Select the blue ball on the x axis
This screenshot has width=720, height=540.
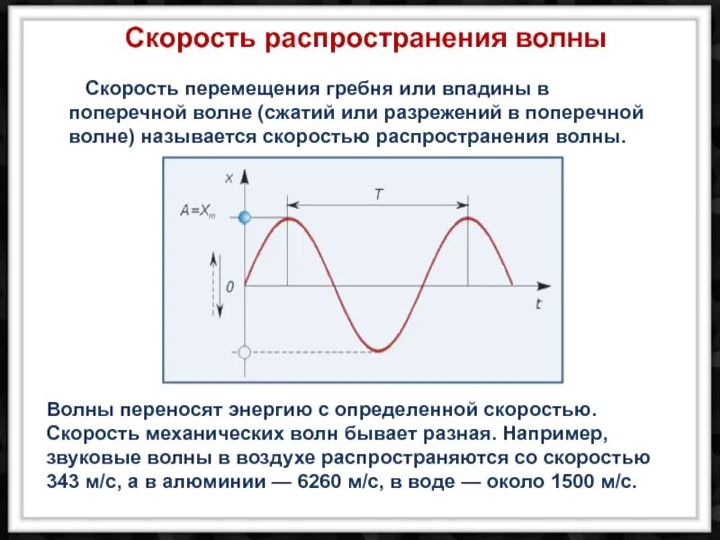(x=243, y=217)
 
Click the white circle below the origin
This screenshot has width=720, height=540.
(x=243, y=352)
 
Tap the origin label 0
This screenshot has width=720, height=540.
(x=230, y=286)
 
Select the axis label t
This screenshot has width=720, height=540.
(x=538, y=304)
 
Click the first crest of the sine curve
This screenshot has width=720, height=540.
(x=288, y=218)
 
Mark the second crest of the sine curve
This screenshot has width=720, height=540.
(x=468, y=218)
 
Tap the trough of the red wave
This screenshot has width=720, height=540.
(x=378, y=350)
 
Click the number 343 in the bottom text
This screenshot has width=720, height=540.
(x=65, y=480)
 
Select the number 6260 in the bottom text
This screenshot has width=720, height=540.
(x=314, y=480)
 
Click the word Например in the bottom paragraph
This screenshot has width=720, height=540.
(x=555, y=433)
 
